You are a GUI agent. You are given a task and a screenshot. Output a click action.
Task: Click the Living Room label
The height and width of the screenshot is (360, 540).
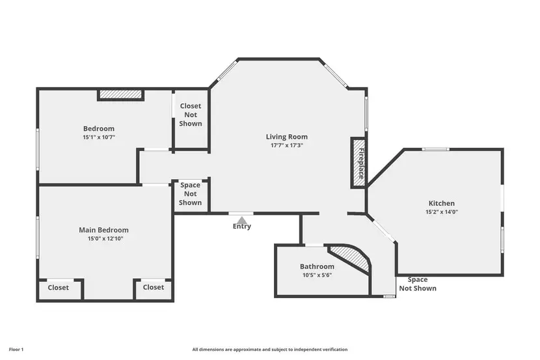click(286, 137)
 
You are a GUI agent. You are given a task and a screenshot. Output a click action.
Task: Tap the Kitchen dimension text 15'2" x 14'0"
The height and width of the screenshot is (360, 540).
click(441, 212)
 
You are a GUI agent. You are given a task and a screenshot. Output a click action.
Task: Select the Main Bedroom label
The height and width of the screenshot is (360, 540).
click(103, 230)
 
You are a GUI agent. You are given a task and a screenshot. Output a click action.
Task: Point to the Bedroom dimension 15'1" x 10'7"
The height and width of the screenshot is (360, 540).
click(98, 137)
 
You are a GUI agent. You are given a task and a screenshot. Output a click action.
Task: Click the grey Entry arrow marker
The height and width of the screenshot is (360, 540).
click(241, 220)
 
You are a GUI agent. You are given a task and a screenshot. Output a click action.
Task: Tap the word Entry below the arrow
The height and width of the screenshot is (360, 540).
click(241, 227)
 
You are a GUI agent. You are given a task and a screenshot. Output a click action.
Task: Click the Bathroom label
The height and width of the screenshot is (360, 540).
click(317, 267)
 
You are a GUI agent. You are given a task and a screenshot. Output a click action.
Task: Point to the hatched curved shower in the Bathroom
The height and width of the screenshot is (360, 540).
click(352, 257)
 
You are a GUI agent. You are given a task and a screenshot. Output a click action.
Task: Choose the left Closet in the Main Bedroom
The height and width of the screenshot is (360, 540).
click(58, 288)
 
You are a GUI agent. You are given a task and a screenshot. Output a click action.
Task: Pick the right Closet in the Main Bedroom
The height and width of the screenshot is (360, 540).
click(154, 287)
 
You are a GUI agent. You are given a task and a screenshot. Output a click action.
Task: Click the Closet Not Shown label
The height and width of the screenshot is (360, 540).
click(191, 115)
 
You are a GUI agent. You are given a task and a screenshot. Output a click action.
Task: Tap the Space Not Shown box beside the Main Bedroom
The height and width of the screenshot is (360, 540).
click(191, 194)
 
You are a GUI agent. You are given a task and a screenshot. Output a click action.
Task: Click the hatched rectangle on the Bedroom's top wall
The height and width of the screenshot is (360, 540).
click(120, 95)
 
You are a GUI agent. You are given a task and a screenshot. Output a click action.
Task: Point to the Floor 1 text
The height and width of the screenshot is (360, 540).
click(14, 350)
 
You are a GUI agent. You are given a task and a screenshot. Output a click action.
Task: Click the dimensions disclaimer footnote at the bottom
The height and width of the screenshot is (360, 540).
click(269, 350)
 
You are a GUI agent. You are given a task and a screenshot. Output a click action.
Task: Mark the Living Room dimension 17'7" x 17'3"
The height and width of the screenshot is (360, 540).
click(286, 146)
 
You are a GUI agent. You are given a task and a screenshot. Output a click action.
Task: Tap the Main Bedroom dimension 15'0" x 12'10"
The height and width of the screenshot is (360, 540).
click(103, 239)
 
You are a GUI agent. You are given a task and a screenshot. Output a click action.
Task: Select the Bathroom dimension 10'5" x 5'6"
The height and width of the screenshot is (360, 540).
click(317, 275)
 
